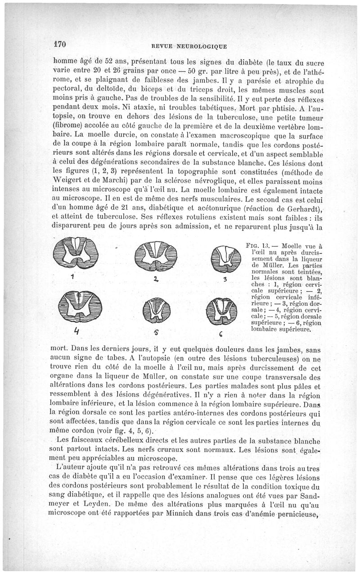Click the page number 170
tap(60, 44)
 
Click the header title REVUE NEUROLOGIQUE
tap(189, 45)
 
